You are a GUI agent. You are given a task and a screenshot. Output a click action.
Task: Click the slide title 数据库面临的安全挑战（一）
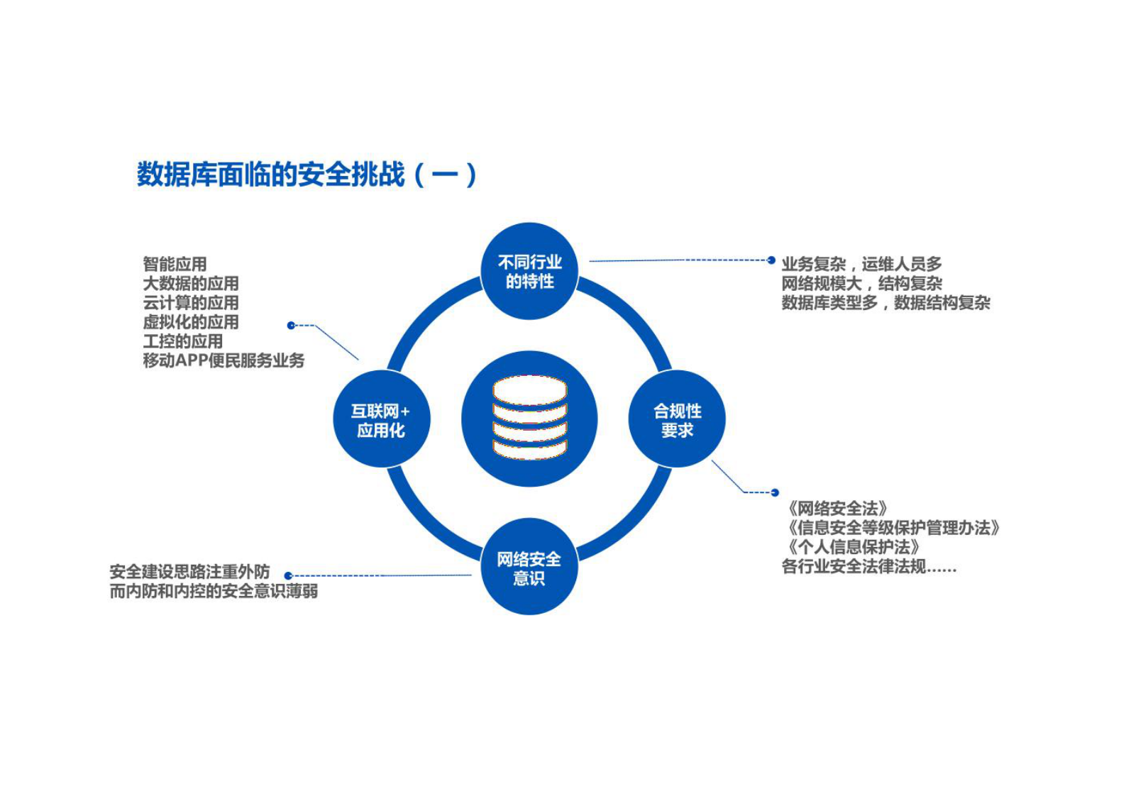click(x=306, y=174)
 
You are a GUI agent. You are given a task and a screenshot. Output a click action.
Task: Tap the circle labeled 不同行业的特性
click(x=529, y=272)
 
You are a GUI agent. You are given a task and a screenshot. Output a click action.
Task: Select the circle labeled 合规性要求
click(x=677, y=419)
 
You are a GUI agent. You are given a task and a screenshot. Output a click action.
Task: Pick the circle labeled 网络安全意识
click(x=529, y=568)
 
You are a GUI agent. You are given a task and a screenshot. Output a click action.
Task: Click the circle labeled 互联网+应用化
click(x=381, y=419)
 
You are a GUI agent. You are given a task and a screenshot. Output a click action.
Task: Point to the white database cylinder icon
click(x=529, y=418)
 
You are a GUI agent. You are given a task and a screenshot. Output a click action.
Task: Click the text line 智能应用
click(x=175, y=264)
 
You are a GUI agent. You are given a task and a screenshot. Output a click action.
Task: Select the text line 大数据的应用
click(x=190, y=283)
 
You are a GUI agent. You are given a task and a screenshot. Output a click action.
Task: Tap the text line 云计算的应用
click(x=190, y=302)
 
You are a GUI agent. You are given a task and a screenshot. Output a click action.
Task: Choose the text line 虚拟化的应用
click(x=190, y=321)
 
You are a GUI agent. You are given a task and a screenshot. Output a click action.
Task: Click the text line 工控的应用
click(x=182, y=341)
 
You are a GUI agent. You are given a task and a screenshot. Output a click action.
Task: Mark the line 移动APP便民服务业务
click(x=223, y=360)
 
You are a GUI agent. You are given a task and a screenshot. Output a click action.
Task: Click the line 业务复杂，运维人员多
click(x=861, y=264)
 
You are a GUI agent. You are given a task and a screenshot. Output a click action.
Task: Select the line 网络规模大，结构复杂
click(x=861, y=283)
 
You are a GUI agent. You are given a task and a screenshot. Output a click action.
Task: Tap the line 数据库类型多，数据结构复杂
click(x=885, y=303)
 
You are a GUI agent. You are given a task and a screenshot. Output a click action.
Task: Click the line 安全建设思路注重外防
click(x=189, y=571)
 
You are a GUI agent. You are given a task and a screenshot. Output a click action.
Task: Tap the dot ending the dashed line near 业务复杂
click(x=771, y=260)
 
